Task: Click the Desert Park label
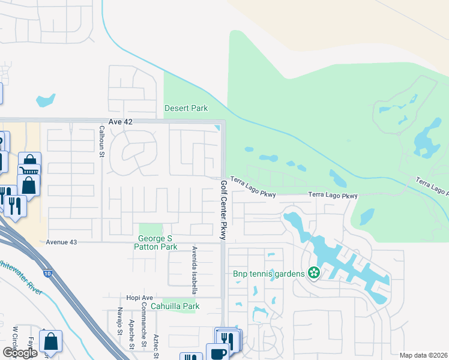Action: click(186, 109)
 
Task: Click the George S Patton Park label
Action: click(155, 242)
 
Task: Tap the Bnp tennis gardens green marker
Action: click(313, 274)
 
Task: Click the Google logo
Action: click(20, 353)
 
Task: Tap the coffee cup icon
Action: click(217, 353)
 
